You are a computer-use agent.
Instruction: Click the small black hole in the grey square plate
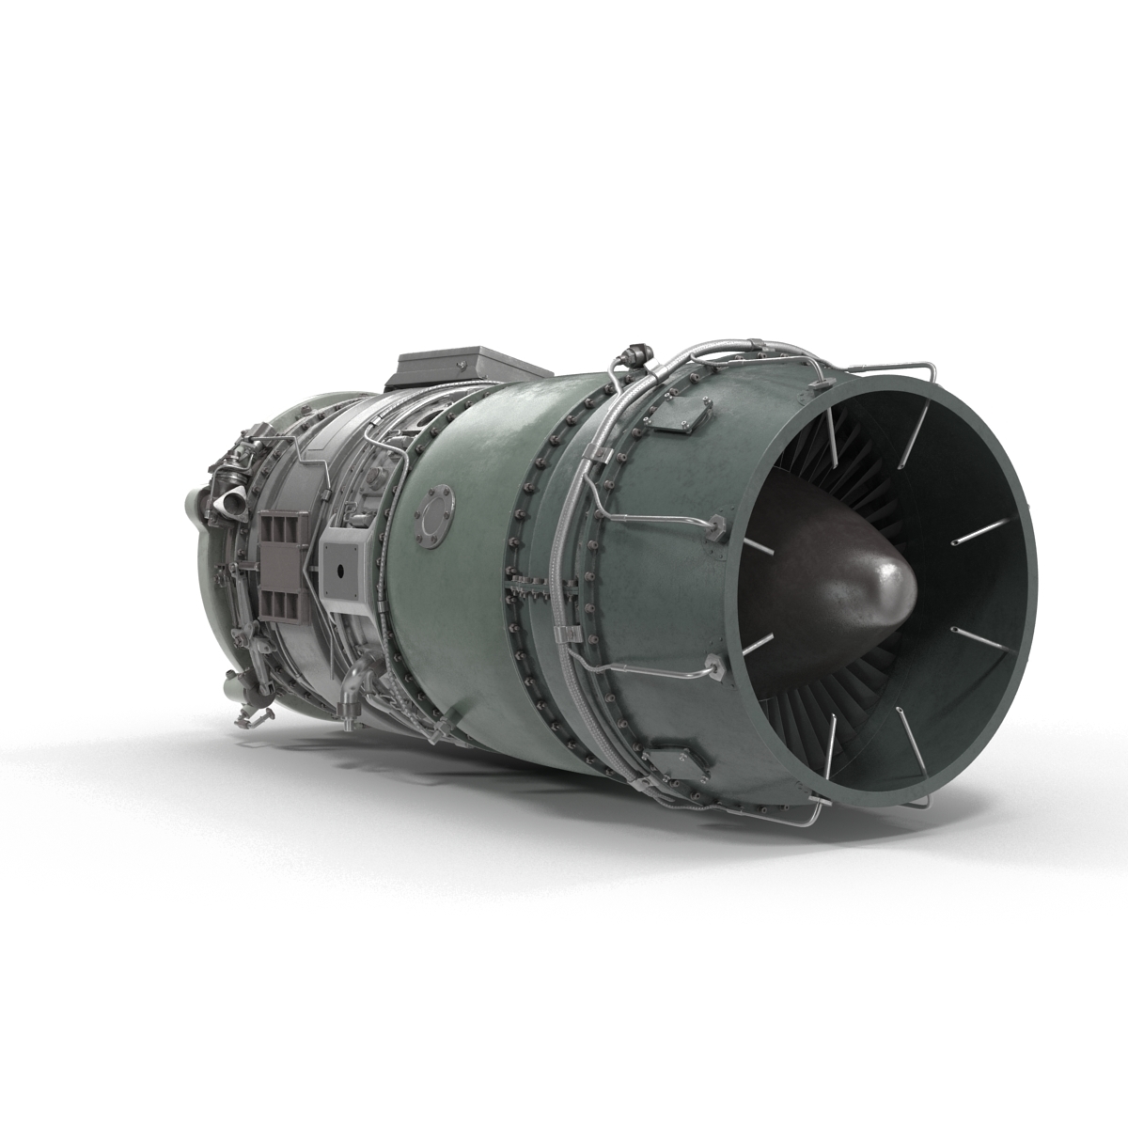[339, 571]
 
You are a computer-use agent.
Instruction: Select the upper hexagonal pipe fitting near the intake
[716, 527]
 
